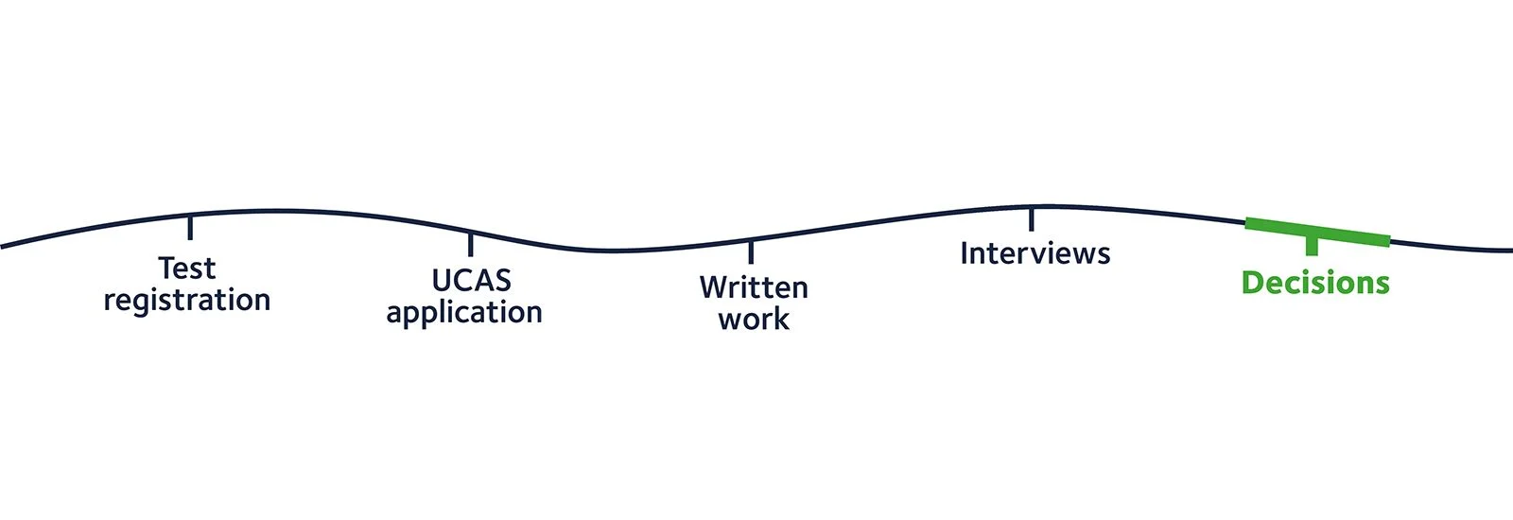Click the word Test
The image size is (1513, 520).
pyautogui.click(x=187, y=269)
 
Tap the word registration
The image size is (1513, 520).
pyautogui.click(x=187, y=301)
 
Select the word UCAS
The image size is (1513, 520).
pyautogui.click(x=471, y=281)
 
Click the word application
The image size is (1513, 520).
pyautogui.click(x=464, y=313)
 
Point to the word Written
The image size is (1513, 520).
pyautogui.click(x=754, y=287)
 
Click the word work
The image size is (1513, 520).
pyautogui.click(x=754, y=320)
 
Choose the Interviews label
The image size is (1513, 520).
pyautogui.click(x=1035, y=253)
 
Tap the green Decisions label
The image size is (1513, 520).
pyautogui.click(x=1315, y=283)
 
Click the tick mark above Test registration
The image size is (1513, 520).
pyautogui.click(x=190, y=227)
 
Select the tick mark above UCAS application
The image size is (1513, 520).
pyautogui.click(x=470, y=244)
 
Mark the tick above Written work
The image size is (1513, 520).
pyautogui.click(x=751, y=251)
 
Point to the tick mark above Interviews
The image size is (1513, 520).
pyautogui.click(x=1031, y=218)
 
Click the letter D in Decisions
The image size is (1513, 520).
pyautogui.click(x=1253, y=283)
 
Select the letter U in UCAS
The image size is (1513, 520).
pyautogui.click(x=443, y=281)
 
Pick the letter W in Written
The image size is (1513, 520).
pyautogui.click(x=714, y=287)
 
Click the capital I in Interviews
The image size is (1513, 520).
pyautogui.click(x=965, y=253)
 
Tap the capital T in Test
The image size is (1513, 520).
pyautogui.click(x=167, y=269)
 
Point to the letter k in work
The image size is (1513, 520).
pyautogui.click(x=780, y=320)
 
